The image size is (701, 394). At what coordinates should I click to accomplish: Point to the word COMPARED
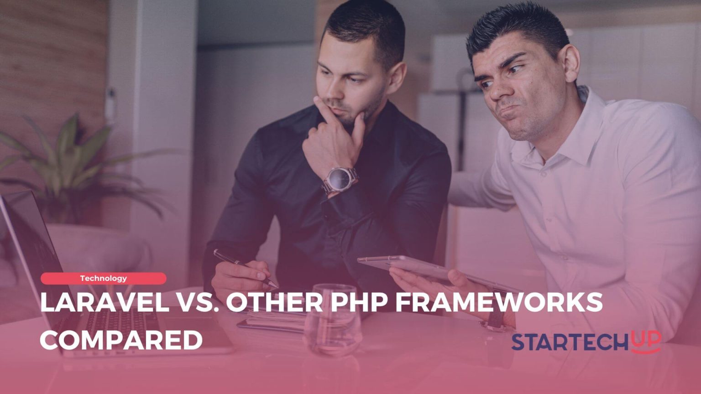click(121, 340)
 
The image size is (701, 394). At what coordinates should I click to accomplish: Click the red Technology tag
click(104, 278)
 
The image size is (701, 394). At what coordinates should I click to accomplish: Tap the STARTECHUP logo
click(586, 342)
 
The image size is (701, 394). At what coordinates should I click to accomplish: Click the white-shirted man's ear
click(570, 62)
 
